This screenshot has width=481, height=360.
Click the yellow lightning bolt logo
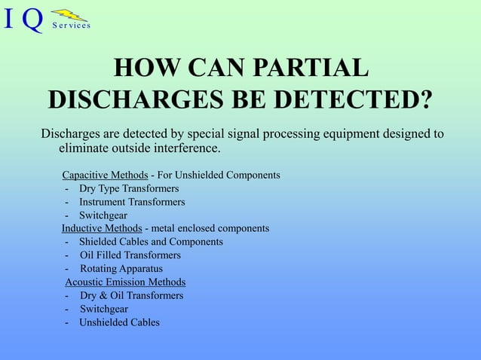(x=69, y=14)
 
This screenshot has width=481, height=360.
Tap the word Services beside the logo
(x=72, y=26)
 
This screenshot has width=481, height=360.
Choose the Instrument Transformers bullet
(x=131, y=202)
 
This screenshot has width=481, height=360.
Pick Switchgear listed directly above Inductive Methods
(x=103, y=215)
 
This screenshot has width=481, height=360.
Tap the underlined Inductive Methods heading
(x=102, y=227)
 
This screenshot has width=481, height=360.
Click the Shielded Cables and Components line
(x=151, y=242)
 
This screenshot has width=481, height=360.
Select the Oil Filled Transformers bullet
(x=130, y=255)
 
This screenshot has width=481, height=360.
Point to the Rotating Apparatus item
(x=121, y=268)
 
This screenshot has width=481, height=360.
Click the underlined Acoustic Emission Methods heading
(x=125, y=282)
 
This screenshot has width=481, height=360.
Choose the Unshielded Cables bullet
(x=119, y=322)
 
